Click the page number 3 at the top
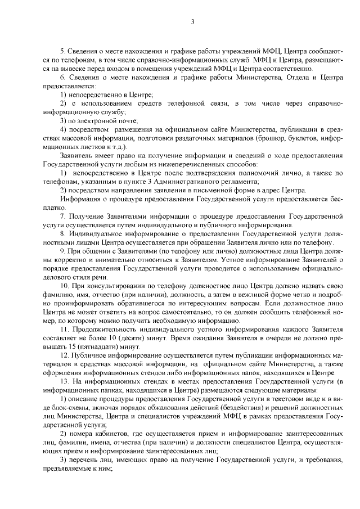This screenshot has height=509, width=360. [x=192, y=22]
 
